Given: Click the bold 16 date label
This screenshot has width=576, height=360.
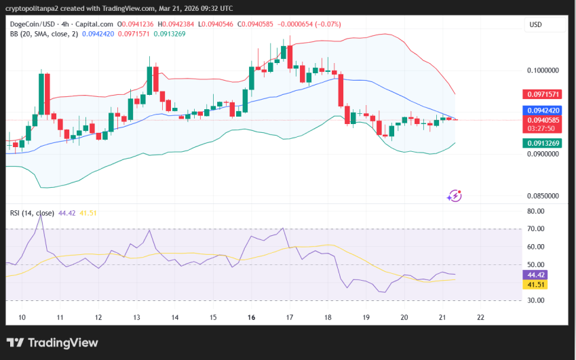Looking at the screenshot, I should [x=252, y=317].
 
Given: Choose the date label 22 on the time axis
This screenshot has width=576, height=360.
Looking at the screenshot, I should [x=481, y=317].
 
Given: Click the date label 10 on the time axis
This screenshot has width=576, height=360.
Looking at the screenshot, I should [x=22, y=317].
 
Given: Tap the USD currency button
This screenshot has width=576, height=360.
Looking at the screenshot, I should [x=536, y=24].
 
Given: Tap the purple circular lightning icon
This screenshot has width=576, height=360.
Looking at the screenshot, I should [x=454, y=196].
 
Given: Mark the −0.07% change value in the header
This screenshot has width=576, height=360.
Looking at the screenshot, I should [x=327, y=24].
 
